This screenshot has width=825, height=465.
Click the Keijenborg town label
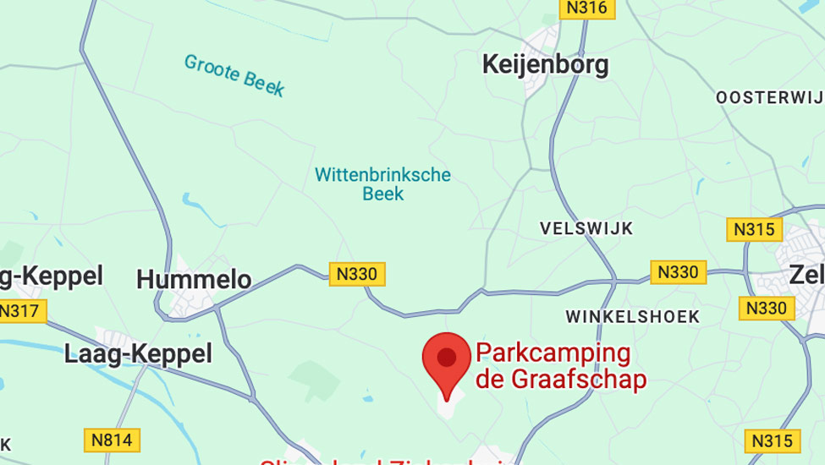(545, 65)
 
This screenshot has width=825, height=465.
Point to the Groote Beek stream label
(234, 74)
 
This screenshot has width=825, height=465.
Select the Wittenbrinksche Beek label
(382, 184)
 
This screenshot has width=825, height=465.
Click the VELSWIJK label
(586, 228)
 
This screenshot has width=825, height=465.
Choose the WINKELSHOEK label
(633, 316)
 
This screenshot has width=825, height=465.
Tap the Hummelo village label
(194, 279)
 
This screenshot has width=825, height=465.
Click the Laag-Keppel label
(138, 354)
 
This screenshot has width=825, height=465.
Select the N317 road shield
(19, 311)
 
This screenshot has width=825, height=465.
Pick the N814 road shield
(112, 440)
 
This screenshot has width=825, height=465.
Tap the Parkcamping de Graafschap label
(561, 365)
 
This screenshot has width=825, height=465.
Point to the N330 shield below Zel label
(767, 309)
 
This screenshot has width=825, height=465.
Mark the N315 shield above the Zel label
(755, 229)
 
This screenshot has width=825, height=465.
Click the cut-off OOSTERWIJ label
(770, 97)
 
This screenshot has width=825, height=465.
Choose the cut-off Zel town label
(806, 275)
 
